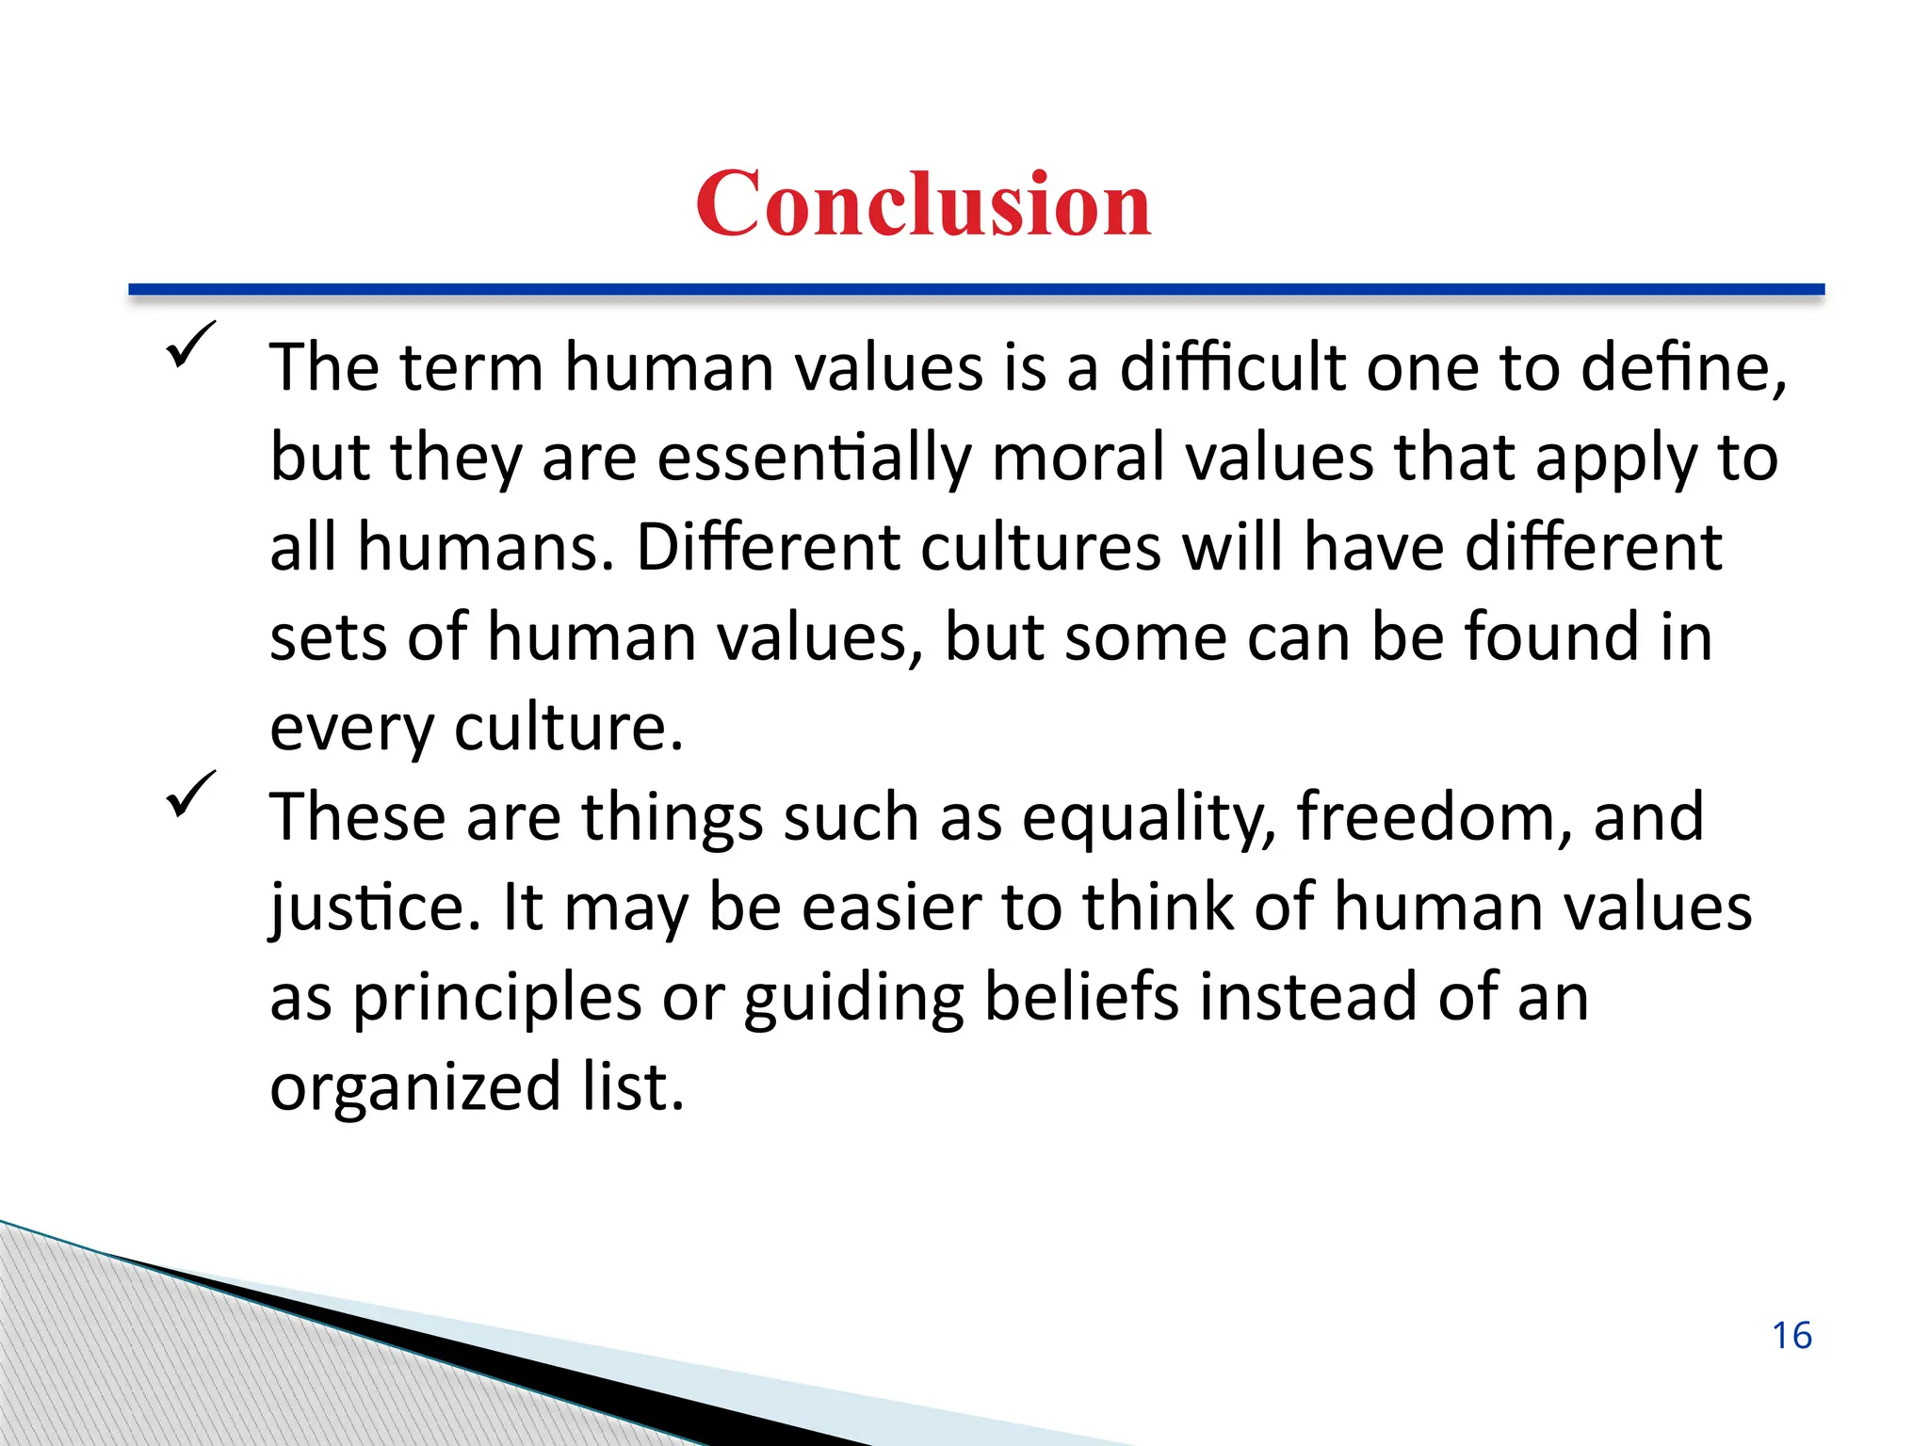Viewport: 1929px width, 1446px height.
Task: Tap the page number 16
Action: click(x=1791, y=1336)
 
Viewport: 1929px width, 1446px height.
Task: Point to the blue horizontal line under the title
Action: click(x=976, y=290)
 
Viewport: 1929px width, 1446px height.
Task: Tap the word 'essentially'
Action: click(x=814, y=458)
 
